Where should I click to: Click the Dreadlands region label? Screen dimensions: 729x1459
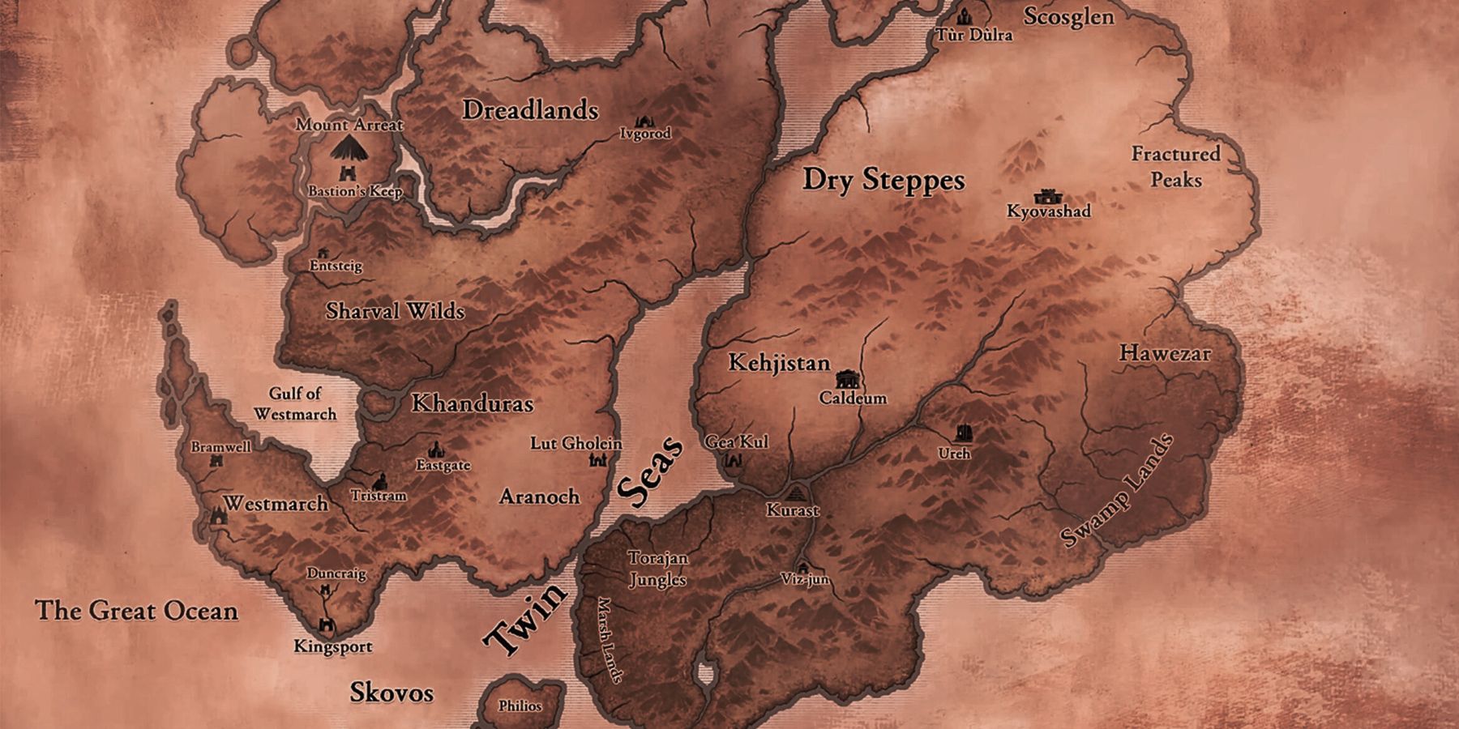530,110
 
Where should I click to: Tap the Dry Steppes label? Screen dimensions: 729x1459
884,179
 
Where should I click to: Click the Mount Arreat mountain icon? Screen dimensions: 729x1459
349,147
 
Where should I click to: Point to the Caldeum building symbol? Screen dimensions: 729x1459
847,378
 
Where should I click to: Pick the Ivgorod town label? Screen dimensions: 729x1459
645,134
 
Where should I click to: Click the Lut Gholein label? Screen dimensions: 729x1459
575,443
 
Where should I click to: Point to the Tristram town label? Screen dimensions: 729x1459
379,495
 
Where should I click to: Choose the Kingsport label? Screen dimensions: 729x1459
333,646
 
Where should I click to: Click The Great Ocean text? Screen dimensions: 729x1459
136,610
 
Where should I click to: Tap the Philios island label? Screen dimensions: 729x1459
520,706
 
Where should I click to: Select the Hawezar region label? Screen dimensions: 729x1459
1165,353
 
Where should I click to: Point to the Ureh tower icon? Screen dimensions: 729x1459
963,433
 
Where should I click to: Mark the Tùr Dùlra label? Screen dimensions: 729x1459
974,35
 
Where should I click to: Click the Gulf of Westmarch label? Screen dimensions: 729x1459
295,403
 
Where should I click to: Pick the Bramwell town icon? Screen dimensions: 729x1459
216,461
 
